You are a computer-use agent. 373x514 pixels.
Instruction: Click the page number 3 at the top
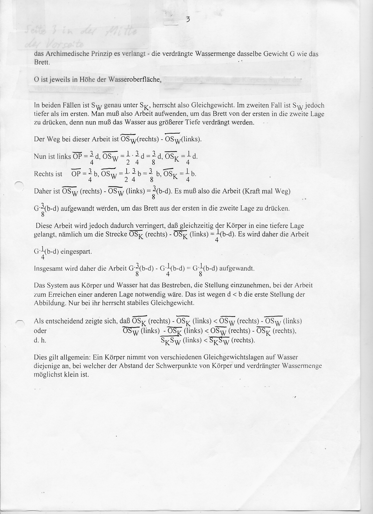(x=188, y=20)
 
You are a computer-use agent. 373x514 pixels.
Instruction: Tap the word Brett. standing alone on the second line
(x=42, y=62)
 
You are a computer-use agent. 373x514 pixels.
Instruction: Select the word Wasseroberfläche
(x=135, y=79)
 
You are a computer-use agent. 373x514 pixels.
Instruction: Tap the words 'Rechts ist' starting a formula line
(x=48, y=174)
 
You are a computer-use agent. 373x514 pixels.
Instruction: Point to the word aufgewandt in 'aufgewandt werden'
(x=75, y=209)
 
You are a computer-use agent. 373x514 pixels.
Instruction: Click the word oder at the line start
(x=40, y=331)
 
